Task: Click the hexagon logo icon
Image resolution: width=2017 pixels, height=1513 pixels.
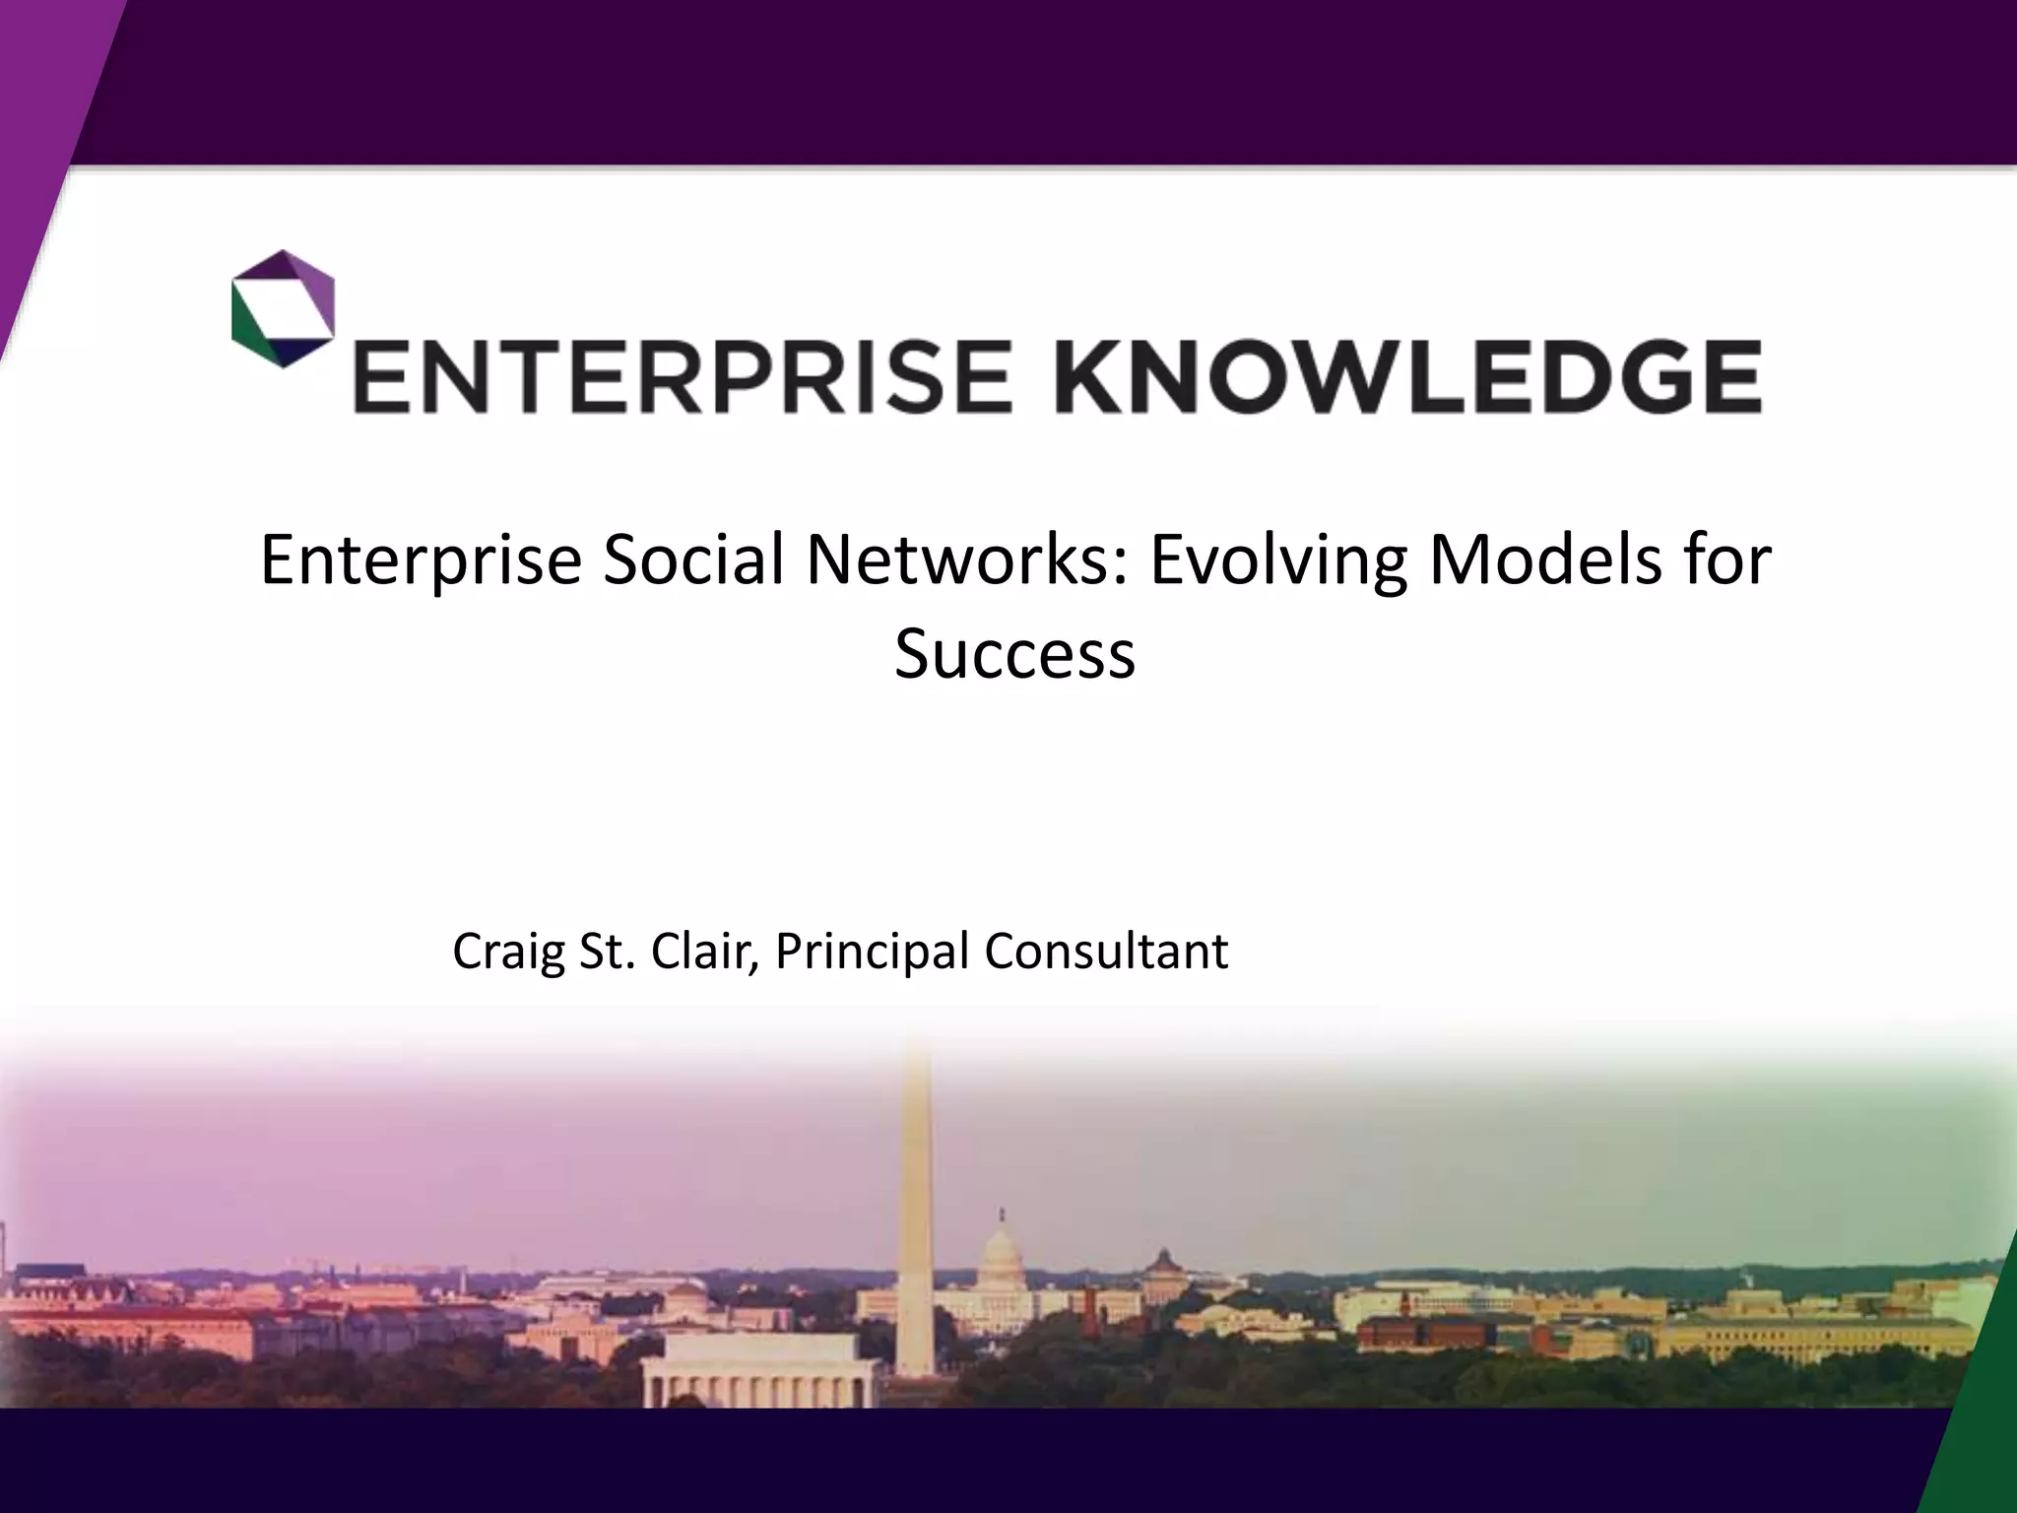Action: (283, 308)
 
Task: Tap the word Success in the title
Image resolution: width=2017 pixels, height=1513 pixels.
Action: (1014, 654)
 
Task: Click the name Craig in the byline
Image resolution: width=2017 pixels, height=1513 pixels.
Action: (507, 952)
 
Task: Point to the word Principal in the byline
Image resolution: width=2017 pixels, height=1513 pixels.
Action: (871, 952)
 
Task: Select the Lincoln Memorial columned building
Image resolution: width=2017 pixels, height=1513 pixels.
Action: (758, 1369)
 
